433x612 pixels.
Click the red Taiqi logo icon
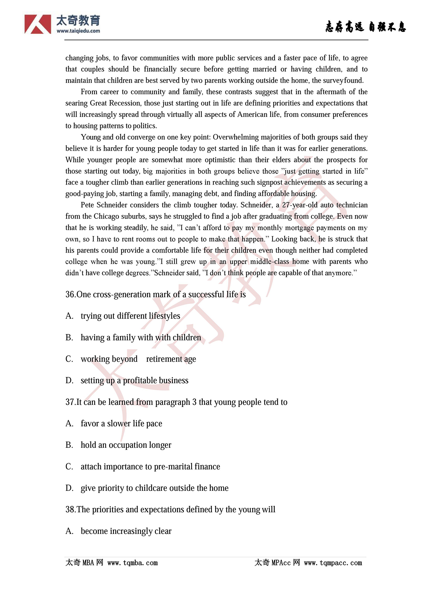pos(38,24)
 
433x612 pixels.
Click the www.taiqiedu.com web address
pos(78,31)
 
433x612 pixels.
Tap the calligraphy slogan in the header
pos(365,27)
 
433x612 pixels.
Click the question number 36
pos(70,294)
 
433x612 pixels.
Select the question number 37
pos(70,402)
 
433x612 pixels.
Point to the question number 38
pos(70,509)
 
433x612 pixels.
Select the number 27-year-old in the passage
pos(300,205)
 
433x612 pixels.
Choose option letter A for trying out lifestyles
pos(69,316)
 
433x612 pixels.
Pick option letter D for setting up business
pos(69,380)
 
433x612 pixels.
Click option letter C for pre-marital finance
pos(69,466)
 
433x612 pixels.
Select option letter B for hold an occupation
pos(69,445)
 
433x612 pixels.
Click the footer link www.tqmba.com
pos(132,563)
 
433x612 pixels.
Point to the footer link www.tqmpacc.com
pos(333,563)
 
